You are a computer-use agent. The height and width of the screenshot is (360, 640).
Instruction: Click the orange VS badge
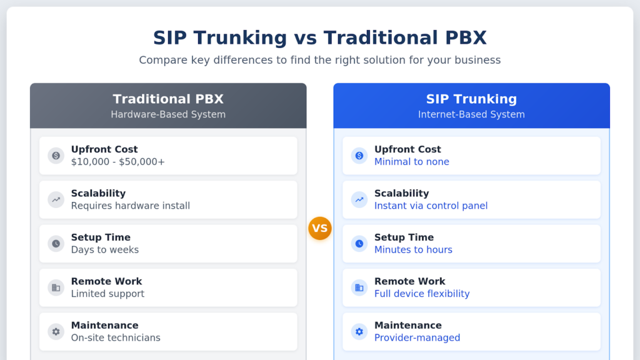point(319,229)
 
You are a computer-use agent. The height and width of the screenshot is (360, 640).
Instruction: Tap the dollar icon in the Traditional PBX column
point(56,156)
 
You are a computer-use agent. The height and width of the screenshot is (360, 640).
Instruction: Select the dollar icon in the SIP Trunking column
point(359,156)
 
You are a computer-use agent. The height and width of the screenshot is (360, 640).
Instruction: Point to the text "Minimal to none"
point(411,162)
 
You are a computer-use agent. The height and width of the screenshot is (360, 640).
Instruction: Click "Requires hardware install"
point(130,206)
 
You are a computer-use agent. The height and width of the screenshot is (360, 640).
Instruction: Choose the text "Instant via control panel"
point(431,206)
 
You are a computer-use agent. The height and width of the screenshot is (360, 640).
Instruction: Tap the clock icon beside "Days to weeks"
point(56,244)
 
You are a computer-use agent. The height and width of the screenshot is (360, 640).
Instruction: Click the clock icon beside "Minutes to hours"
point(359,244)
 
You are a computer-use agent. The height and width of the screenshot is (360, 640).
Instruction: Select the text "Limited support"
point(107,294)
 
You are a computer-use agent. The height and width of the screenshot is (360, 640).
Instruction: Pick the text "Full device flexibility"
point(422,294)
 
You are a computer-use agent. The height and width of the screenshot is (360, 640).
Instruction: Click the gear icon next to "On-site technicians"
point(56,332)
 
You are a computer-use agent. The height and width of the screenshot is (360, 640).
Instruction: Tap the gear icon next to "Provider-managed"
point(359,332)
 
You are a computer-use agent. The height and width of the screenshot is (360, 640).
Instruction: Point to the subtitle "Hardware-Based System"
point(168,114)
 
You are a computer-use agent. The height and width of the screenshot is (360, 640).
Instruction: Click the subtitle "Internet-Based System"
point(471,114)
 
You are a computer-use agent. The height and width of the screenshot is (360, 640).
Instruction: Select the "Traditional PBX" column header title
point(168,99)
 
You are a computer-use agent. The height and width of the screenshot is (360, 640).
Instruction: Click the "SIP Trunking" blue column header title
point(471,99)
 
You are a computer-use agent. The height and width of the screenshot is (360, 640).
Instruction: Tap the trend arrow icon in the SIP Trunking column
point(359,200)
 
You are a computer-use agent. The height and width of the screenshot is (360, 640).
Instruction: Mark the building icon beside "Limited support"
point(56,287)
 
